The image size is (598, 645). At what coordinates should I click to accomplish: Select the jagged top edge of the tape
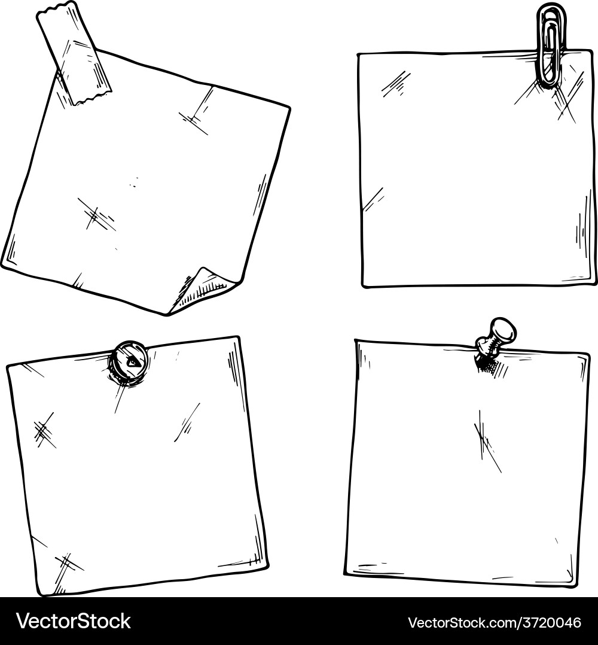point(57,11)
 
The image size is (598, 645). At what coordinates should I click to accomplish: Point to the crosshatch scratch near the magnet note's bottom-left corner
point(67,564)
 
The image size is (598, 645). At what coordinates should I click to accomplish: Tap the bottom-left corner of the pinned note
point(347,572)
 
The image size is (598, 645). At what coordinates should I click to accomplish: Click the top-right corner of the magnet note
point(239,338)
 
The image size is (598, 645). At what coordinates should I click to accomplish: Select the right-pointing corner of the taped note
point(289,108)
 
